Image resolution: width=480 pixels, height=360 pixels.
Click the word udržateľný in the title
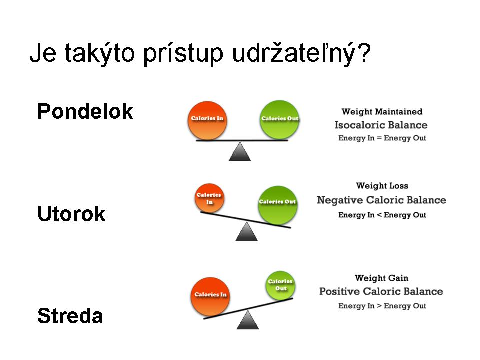(x=293, y=53)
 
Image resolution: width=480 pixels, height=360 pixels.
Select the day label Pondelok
(x=85, y=111)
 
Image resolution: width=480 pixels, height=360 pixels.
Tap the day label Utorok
(x=71, y=213)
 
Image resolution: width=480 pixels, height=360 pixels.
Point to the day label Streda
(x=70, y=316)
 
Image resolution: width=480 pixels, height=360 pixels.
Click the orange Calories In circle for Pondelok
(x=207, y=120)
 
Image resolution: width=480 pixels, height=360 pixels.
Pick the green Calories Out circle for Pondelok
(x=279, y=120)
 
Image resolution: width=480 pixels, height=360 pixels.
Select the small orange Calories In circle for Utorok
(x=209, y=198)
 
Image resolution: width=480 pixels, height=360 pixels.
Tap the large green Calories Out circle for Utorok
(x=277, y=205)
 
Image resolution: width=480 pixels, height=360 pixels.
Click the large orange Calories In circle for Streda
(x=210, y=297)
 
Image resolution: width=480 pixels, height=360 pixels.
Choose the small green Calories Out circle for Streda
(x=280, y=285)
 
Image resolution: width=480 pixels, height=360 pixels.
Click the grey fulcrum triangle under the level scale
(x=240, y=151)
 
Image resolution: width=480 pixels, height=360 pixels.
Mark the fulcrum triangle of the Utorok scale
(x=246, y=231)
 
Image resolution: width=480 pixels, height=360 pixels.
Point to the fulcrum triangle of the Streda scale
(x=248, y=320)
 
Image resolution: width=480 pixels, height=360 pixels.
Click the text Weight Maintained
(x=382, y=111)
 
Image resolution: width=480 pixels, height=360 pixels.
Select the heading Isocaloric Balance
(x=381, y=125)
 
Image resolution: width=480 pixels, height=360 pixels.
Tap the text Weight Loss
(x=382, y=186)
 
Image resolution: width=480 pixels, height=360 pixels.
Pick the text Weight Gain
(x=381, y=278)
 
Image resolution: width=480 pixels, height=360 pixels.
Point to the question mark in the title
(x=364, y=52)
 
